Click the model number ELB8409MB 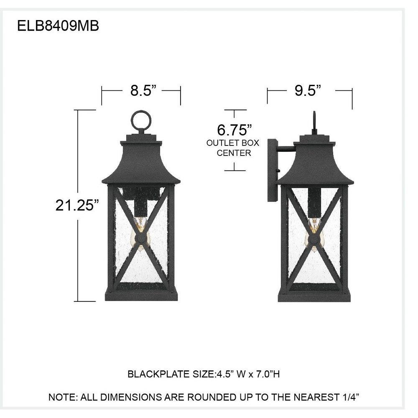(58, 26)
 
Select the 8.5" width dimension (143, 90)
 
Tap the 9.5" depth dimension (307, 90)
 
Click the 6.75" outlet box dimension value (234, 130)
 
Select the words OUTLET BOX (233, 143)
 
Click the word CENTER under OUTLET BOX (234, 153)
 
